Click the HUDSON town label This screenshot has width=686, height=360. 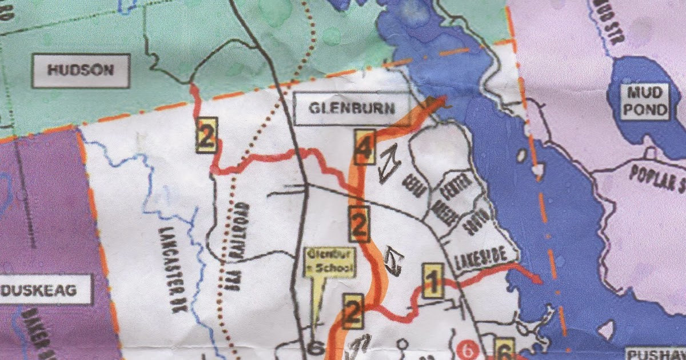coord(81,71)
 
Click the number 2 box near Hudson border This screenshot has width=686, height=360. coord(206,135)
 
